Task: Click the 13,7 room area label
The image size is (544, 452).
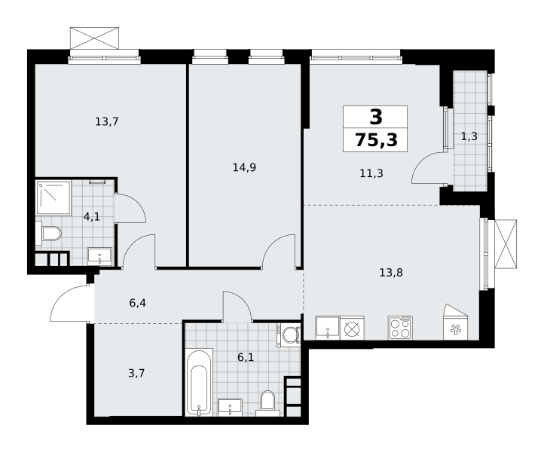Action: tap(107, 122)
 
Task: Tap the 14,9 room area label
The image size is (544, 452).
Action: tap(244, 168)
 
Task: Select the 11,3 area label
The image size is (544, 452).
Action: tap(371, 173)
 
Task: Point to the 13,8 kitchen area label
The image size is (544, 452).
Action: tap(391, 273)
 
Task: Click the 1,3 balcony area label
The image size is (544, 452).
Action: tap(469, 136)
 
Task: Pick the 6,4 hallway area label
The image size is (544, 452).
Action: tap(137, 303)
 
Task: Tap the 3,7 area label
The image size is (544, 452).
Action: tap(136, 374)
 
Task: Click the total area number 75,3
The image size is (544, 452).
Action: tap(376, 140)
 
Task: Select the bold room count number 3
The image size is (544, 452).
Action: tap(376, 117)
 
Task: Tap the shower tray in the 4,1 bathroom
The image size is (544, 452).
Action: tap(53, 197)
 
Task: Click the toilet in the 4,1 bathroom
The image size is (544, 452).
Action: tap(48, 233)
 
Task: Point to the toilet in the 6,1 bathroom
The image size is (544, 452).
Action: tap(267, 404)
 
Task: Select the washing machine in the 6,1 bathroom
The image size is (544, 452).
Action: tap(289, 334)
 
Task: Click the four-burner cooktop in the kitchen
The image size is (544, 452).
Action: tap(400, 328)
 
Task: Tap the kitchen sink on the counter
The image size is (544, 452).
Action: tap(328, 328)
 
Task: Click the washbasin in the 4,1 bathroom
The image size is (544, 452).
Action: tap(99, 256)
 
